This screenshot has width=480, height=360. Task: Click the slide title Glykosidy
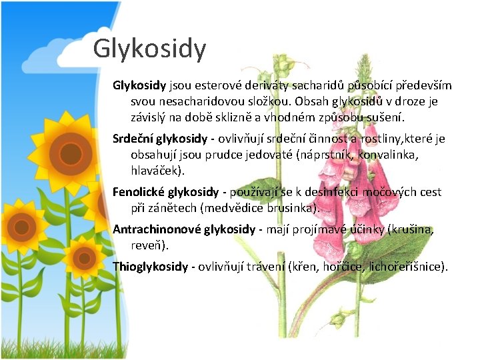pos(149,49)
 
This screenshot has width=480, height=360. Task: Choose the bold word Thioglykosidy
pos(151,267)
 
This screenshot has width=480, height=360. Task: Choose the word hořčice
pos(344,267)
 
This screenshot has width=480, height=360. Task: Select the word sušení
pos(383,117)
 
